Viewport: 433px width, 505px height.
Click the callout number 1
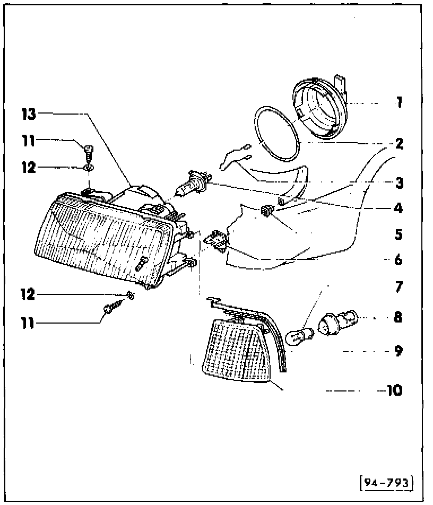point(398,102)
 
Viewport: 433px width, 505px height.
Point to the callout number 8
point(398,318)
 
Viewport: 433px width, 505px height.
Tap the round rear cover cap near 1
point(319,110)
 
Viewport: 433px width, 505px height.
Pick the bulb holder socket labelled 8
point(338,323)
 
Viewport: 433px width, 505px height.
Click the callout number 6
point(398,260)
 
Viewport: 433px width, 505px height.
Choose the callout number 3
point(398,183)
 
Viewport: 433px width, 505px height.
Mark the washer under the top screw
point(88,168)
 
